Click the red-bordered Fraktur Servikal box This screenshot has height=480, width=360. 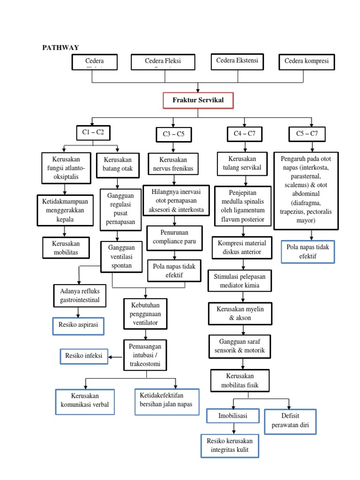click(x=198, y=100)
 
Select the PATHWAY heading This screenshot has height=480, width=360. click(x=60, y=47)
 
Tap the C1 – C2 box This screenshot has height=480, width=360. click(x=93, y=133)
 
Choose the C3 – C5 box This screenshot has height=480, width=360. click(x=173, y=134)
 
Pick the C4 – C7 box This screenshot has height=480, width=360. click(x=244, y=134)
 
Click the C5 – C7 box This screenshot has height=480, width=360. click(x=307, y=134)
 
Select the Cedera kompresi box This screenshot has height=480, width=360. click(x=307, y=62)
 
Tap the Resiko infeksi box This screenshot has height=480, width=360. click(x=84, y=356)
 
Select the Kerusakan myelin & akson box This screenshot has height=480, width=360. click(x=240, y=314)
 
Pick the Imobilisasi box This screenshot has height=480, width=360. click(x=232, y=416)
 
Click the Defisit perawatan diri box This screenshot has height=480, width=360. click(x=290, y=421)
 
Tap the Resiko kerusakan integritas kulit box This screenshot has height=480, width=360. click(x=230, y=446)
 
